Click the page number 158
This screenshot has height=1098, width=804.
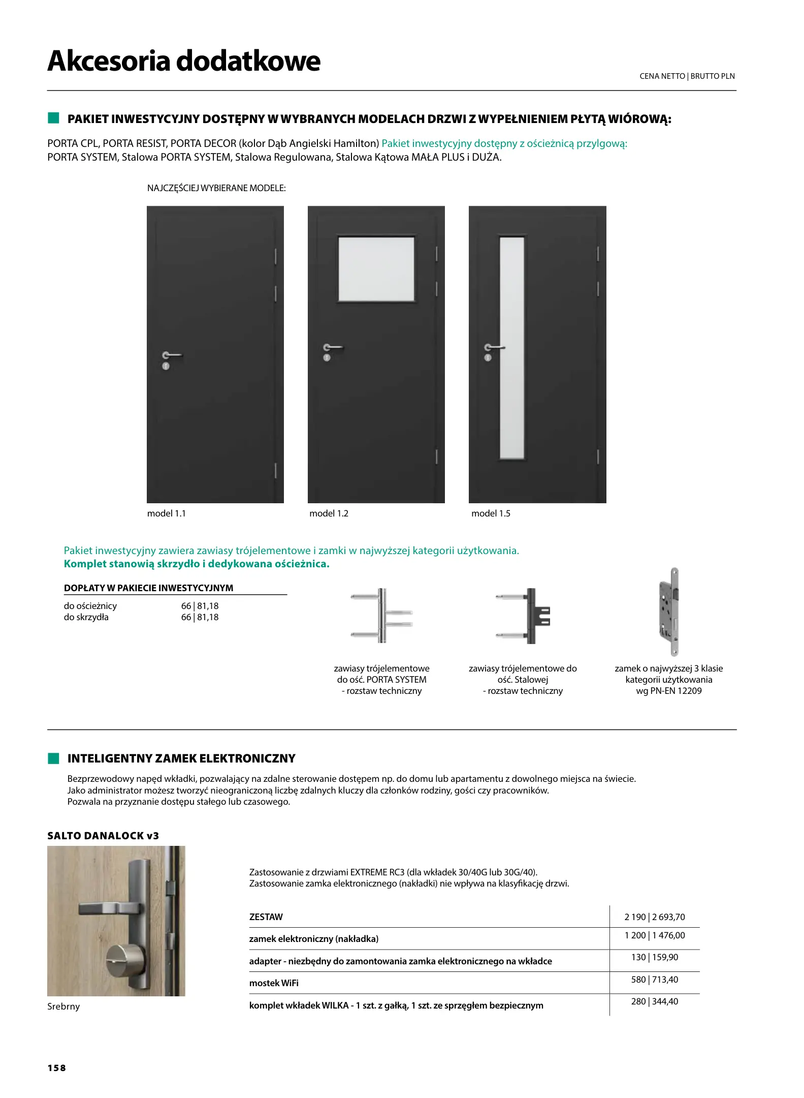tap(56, 1068)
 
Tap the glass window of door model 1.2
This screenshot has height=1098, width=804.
tap(376, 268)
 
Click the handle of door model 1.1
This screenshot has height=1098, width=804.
tap(172, 355)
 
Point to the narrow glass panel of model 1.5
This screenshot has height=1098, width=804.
tap(511, 348)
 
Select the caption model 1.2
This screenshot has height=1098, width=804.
tap(329, 513)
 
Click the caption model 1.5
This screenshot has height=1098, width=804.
tap(491, 513)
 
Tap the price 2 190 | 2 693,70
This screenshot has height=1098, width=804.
tap(654, 917)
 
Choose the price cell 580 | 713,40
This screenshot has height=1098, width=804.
tap(654, 980)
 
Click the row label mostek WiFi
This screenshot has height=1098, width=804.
tap(274, 983)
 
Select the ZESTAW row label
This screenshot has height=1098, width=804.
tap(266, 917)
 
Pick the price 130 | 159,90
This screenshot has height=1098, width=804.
tap(654, 957)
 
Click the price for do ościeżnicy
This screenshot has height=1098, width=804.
tap(200, 606)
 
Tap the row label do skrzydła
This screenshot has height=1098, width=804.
tap(86, 617)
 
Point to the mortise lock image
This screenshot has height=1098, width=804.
tap(668, 612)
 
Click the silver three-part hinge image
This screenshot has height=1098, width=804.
tap(382, 616)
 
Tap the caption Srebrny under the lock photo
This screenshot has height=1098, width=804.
tap(63, 1006)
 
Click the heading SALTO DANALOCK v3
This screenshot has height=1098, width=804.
tap(103, 836)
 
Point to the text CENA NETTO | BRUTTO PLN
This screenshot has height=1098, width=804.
tap(687, 76)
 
